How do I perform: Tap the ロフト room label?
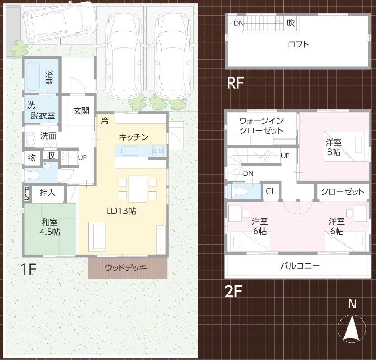(x=298, y=44)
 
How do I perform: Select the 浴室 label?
(x=49, y=78)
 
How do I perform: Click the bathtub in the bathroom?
(x=33, y=77)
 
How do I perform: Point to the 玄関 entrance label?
(x=81, y=111)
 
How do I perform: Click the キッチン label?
(x=134, y=137)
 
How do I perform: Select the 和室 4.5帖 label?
(x=50, y=227)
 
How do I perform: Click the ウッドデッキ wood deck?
(x=127, y=268)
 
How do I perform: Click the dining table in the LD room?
(x=138, y=189)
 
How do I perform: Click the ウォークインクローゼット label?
(x=262, y=126)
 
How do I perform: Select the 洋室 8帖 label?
(x=334, y=147)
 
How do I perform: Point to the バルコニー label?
(x=300, y=266)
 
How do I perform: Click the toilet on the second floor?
(x=239, y=191)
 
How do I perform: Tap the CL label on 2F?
(x=271, y=191)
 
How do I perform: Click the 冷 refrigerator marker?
(x=105, y=121)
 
